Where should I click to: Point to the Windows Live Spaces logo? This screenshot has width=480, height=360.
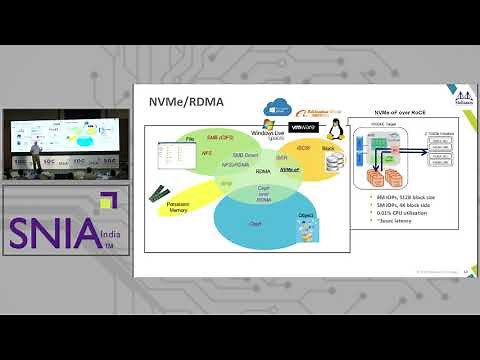tap(263, 132)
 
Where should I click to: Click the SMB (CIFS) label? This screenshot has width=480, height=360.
tap(219, 137)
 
